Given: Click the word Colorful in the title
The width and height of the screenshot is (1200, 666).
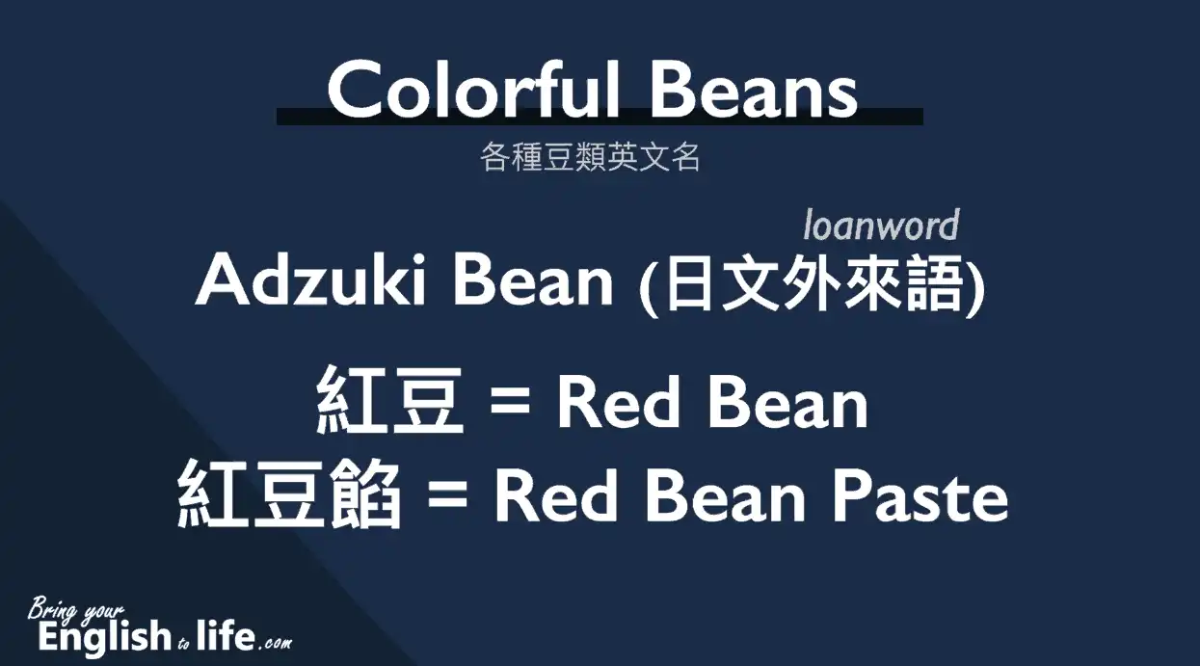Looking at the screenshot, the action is pyautogui.click(x=473, y=89).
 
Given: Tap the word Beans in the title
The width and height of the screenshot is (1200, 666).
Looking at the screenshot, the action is pyautogui.click(x=754, y=89).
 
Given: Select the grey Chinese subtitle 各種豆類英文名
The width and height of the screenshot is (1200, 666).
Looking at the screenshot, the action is pyautogui.click(x=590, y=157).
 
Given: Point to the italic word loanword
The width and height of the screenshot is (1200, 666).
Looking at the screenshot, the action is pyautogui.click(x=881, y=225).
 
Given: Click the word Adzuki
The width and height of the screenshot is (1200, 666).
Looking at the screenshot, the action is pyautogui.click(x=311, y=280).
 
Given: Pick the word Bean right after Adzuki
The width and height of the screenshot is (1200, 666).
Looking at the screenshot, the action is pyautogui.click(x=533, y=280).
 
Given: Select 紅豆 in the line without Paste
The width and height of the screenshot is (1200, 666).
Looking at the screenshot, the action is pyautogui.click(x=389, y=400).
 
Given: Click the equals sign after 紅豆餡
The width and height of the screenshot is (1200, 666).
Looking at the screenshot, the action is pyautogui.click(x=448, y=494).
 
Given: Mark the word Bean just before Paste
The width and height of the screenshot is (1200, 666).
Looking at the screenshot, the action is pyautogui.click(x=726, y=494).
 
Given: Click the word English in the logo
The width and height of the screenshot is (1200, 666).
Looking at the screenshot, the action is pyautogui.click(x=105, y=636).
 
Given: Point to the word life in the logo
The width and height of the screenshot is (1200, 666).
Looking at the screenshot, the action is pyautogui.click(x=226, y=634).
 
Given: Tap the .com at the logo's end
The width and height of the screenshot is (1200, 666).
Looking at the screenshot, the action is pyautogui.click(x=276, y=643).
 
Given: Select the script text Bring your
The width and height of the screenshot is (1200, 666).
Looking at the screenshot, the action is pyautogui.click(x=75, y=610).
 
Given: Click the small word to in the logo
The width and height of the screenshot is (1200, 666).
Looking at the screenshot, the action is pyautogui.click(x=184, y=643).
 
